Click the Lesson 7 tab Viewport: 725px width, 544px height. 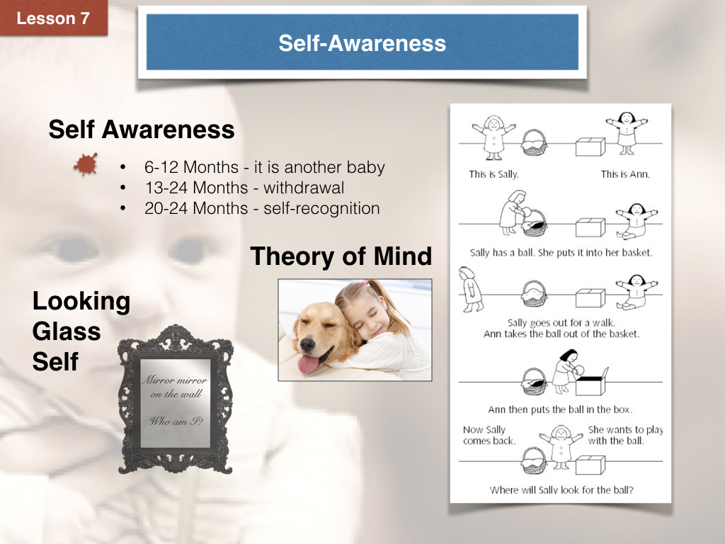pos(53,18)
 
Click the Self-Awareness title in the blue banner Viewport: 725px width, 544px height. pos(362,43)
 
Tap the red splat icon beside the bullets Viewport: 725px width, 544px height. pos(86,164)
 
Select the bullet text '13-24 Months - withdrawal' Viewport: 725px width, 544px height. pos(244,187)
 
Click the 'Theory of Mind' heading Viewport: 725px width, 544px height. pos(341,256)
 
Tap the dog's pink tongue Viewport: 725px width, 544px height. pos(309,363)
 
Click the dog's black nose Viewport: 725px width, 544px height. pos(307,344)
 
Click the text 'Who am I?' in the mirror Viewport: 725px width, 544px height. pos(176,421)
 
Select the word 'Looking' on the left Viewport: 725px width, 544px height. pos(81,302)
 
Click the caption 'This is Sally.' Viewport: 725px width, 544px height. pos(493,174)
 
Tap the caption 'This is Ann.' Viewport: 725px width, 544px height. pos(625,174)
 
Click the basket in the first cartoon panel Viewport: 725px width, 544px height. pos(534,142)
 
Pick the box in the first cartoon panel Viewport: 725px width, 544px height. pos(590,147)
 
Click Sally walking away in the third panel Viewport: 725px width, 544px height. pos(470,289)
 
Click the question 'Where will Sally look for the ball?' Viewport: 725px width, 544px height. pos(561,490)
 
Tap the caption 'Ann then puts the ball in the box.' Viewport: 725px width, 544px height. pos(560,409)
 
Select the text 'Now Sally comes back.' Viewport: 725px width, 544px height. pos(489,436)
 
